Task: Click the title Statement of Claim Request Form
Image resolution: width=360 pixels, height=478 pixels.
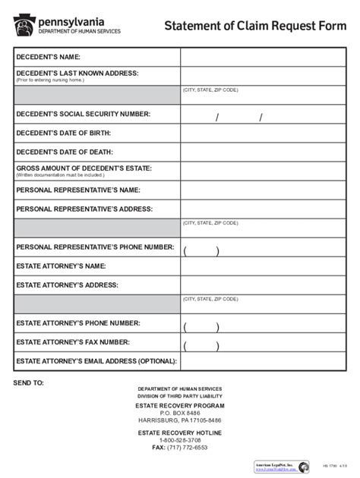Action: pyautogui.click(x=254, y=27)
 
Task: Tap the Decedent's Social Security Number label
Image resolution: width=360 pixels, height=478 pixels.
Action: pyautogui.click(x=83, y=114)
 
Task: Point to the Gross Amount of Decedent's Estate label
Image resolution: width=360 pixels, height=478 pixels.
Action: pyautogui.click(x=84, y=168)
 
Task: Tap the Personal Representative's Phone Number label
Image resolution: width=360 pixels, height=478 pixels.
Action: pyautogui.click(x=95, y=247)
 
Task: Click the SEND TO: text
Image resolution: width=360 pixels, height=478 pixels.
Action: pyautogui.click(x=29, y=383)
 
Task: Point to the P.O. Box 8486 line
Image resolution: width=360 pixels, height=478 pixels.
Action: pyautogui.click(x=180, y=413)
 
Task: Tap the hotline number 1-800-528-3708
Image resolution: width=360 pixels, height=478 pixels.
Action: pyautogui.click(x=180, y=440)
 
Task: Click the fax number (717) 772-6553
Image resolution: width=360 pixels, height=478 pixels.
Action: pyautogui.click(x=180, y=448)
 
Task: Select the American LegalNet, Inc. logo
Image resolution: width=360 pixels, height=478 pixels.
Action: pyautogui.click(x=281, y=467)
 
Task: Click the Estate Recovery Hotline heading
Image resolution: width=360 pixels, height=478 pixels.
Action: pyautogui.click(x=180, y=432)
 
